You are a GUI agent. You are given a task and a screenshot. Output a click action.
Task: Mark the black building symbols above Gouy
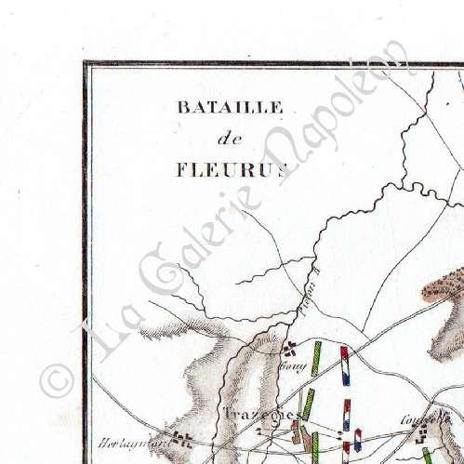click(291, 350)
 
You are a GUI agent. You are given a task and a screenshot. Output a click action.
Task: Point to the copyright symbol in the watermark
click(58, 379)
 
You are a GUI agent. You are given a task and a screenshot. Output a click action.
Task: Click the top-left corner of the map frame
click(85, 64)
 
